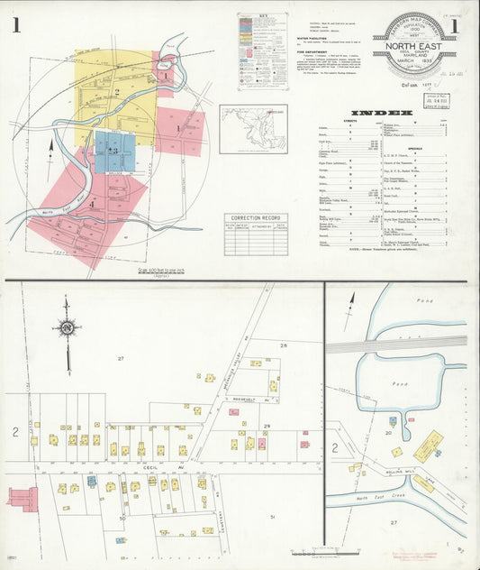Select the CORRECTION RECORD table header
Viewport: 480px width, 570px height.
click(256, 218)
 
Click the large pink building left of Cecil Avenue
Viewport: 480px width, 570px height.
click(23, 498)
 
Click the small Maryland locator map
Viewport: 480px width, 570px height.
click(253, 128)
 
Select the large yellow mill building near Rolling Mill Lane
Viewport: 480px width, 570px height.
click(428, 446)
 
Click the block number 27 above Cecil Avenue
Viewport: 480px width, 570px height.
click(120, 359)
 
